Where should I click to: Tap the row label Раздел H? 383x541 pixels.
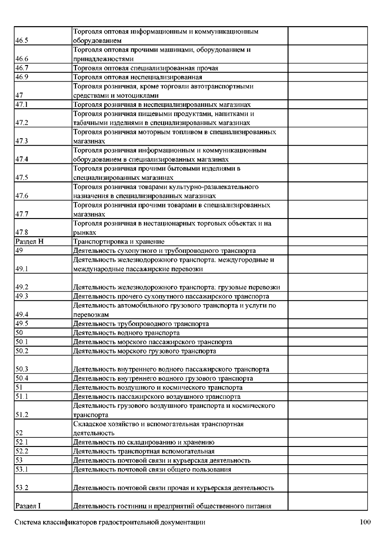click(x=29, y=242)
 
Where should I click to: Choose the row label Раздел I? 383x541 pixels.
click(x=28, y=506)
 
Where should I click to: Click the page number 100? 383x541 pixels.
click(x=365, y=522)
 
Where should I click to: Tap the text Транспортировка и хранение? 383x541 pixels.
click(x=119, y=242)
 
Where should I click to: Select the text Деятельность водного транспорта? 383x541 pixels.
click(x=126, y=333)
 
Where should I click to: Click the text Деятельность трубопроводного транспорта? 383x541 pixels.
click(x=141, y=324)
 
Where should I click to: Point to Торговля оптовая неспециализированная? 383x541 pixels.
click(x=138, y=77)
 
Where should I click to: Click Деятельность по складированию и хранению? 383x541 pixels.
click(x=144, y=442)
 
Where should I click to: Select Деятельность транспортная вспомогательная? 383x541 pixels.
click(x=144, y=451)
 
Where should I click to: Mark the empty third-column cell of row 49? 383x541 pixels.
click(x=327, y=251)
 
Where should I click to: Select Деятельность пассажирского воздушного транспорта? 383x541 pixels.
click(x=157, y=397)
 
